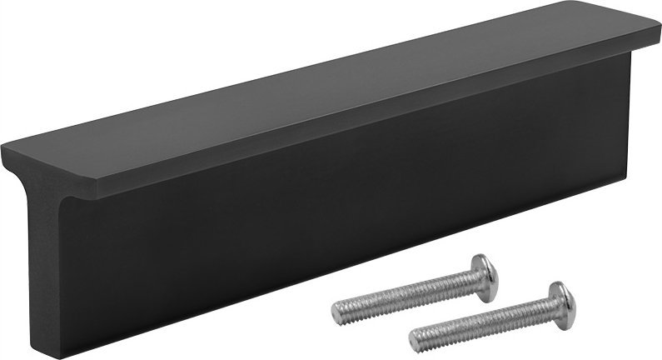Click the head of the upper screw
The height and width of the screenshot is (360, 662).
click(x=484, y=276)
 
